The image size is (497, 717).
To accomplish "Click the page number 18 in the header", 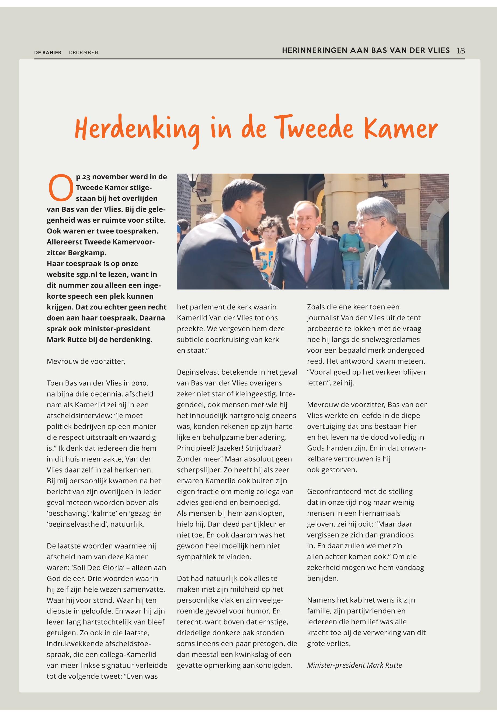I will pyautogui.click(x=460, y=50).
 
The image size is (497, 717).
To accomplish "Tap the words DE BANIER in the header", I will pyautogui.click(x=48, y=53).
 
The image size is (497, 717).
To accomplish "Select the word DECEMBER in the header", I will pyautogui.click(x=84, y=53).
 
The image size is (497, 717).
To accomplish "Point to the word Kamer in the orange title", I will pyautogui.click(x=401, y=129).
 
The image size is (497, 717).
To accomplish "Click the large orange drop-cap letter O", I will pyautogui.click(x=60, y=188).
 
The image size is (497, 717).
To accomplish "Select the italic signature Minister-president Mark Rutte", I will pyautogui.click(x=354, y=665).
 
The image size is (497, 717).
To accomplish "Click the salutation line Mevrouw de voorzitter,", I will pyautogui.click(x=86, y=361).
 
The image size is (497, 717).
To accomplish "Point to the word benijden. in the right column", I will pyautogui.click(x=323, y=578).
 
